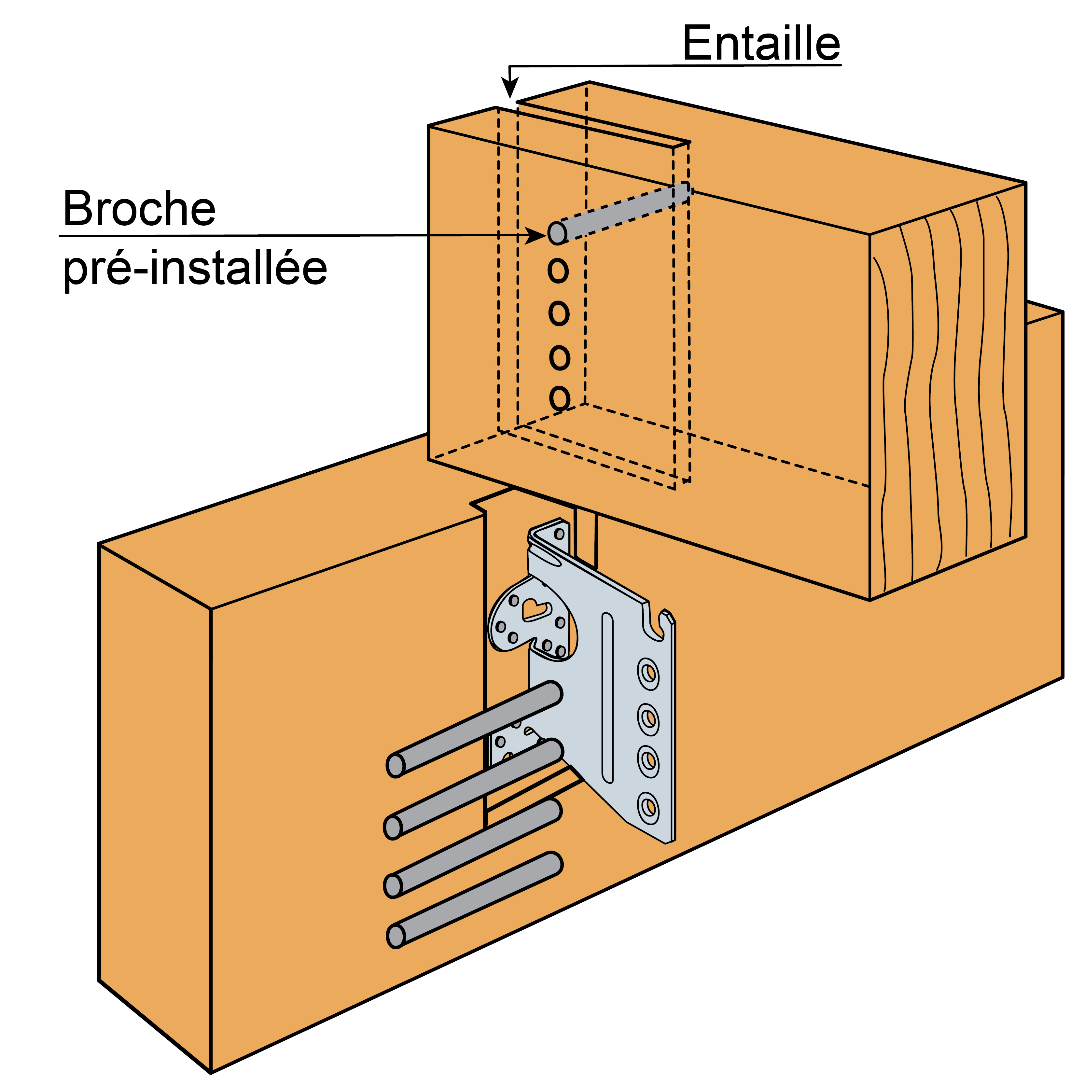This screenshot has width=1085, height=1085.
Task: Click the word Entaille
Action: pyautogui.click(x=761, y=44)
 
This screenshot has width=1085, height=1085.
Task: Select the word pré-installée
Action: pyautogui.click(x=194, y=268)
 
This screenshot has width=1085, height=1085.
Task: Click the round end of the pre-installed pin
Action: pyautogui.click(x=557, y=232)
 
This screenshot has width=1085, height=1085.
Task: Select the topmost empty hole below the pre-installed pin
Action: pyautogui.click(x=558, y=271)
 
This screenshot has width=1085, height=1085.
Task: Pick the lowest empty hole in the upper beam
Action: pyautogui.click(x=559, y=398)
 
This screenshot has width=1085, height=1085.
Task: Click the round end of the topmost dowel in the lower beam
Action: pyautogui.click(x=396, y=765)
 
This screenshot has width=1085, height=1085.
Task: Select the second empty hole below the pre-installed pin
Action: pyautogui.click(x=559, y=313)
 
